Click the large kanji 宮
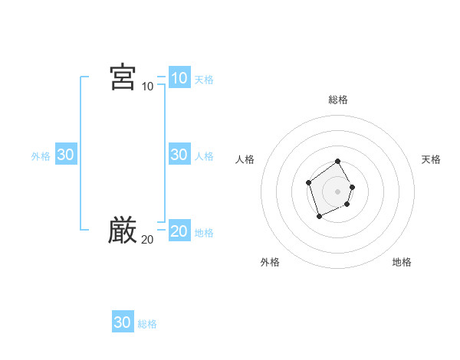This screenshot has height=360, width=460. point(123,77)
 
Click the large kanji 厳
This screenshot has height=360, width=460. point(123,231)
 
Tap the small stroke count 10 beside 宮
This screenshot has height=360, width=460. point(147,87)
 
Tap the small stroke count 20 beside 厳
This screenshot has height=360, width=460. point(147,240)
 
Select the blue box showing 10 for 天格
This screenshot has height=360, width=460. point(179,78)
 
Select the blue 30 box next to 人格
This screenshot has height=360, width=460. point(179,155)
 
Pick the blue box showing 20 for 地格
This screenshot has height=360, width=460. point(179,231)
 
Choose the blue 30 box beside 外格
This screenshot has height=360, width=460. point(65,155)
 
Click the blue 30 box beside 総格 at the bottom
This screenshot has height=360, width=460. point(122,322)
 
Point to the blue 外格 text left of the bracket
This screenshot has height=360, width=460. point(41,156)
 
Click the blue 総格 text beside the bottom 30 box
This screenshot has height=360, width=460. point(147,324)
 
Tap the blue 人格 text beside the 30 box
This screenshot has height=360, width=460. point(204,156)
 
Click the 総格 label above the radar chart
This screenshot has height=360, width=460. point(338,100)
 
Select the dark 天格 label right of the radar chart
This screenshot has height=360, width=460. point(431,159)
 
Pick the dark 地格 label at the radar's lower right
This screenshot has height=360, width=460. point(402,262)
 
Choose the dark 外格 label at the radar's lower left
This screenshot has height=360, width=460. point(270,262)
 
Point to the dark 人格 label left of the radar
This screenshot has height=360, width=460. point(245,159)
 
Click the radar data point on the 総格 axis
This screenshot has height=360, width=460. point(338,162)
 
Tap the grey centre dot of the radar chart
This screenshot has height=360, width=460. point(338,191)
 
